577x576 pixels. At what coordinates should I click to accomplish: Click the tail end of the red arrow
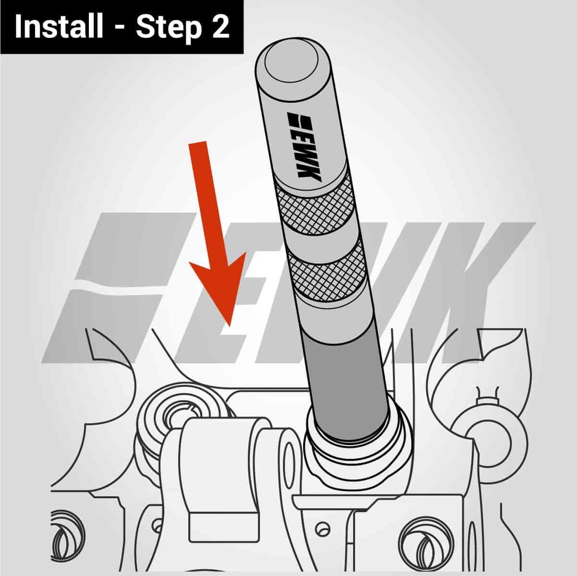click(x=198, y=144)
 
